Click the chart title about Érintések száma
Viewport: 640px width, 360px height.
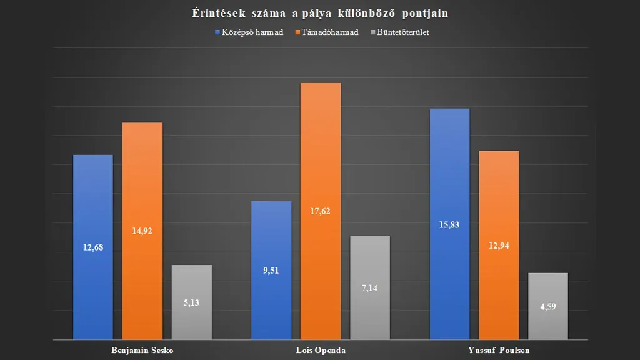click(x=319, y=13)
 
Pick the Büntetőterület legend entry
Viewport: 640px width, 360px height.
click(x=402, y=32)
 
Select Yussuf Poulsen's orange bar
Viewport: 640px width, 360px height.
click(x=499, y=206)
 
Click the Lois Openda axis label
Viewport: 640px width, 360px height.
click(x=320, y=350)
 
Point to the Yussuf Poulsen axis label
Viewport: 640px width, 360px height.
click(x=498, y=350)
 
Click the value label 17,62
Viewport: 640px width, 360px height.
click(x=320, y=211)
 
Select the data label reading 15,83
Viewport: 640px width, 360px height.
click(x=449, y=225)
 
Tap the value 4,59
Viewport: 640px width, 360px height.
click(x=547, y=307)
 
